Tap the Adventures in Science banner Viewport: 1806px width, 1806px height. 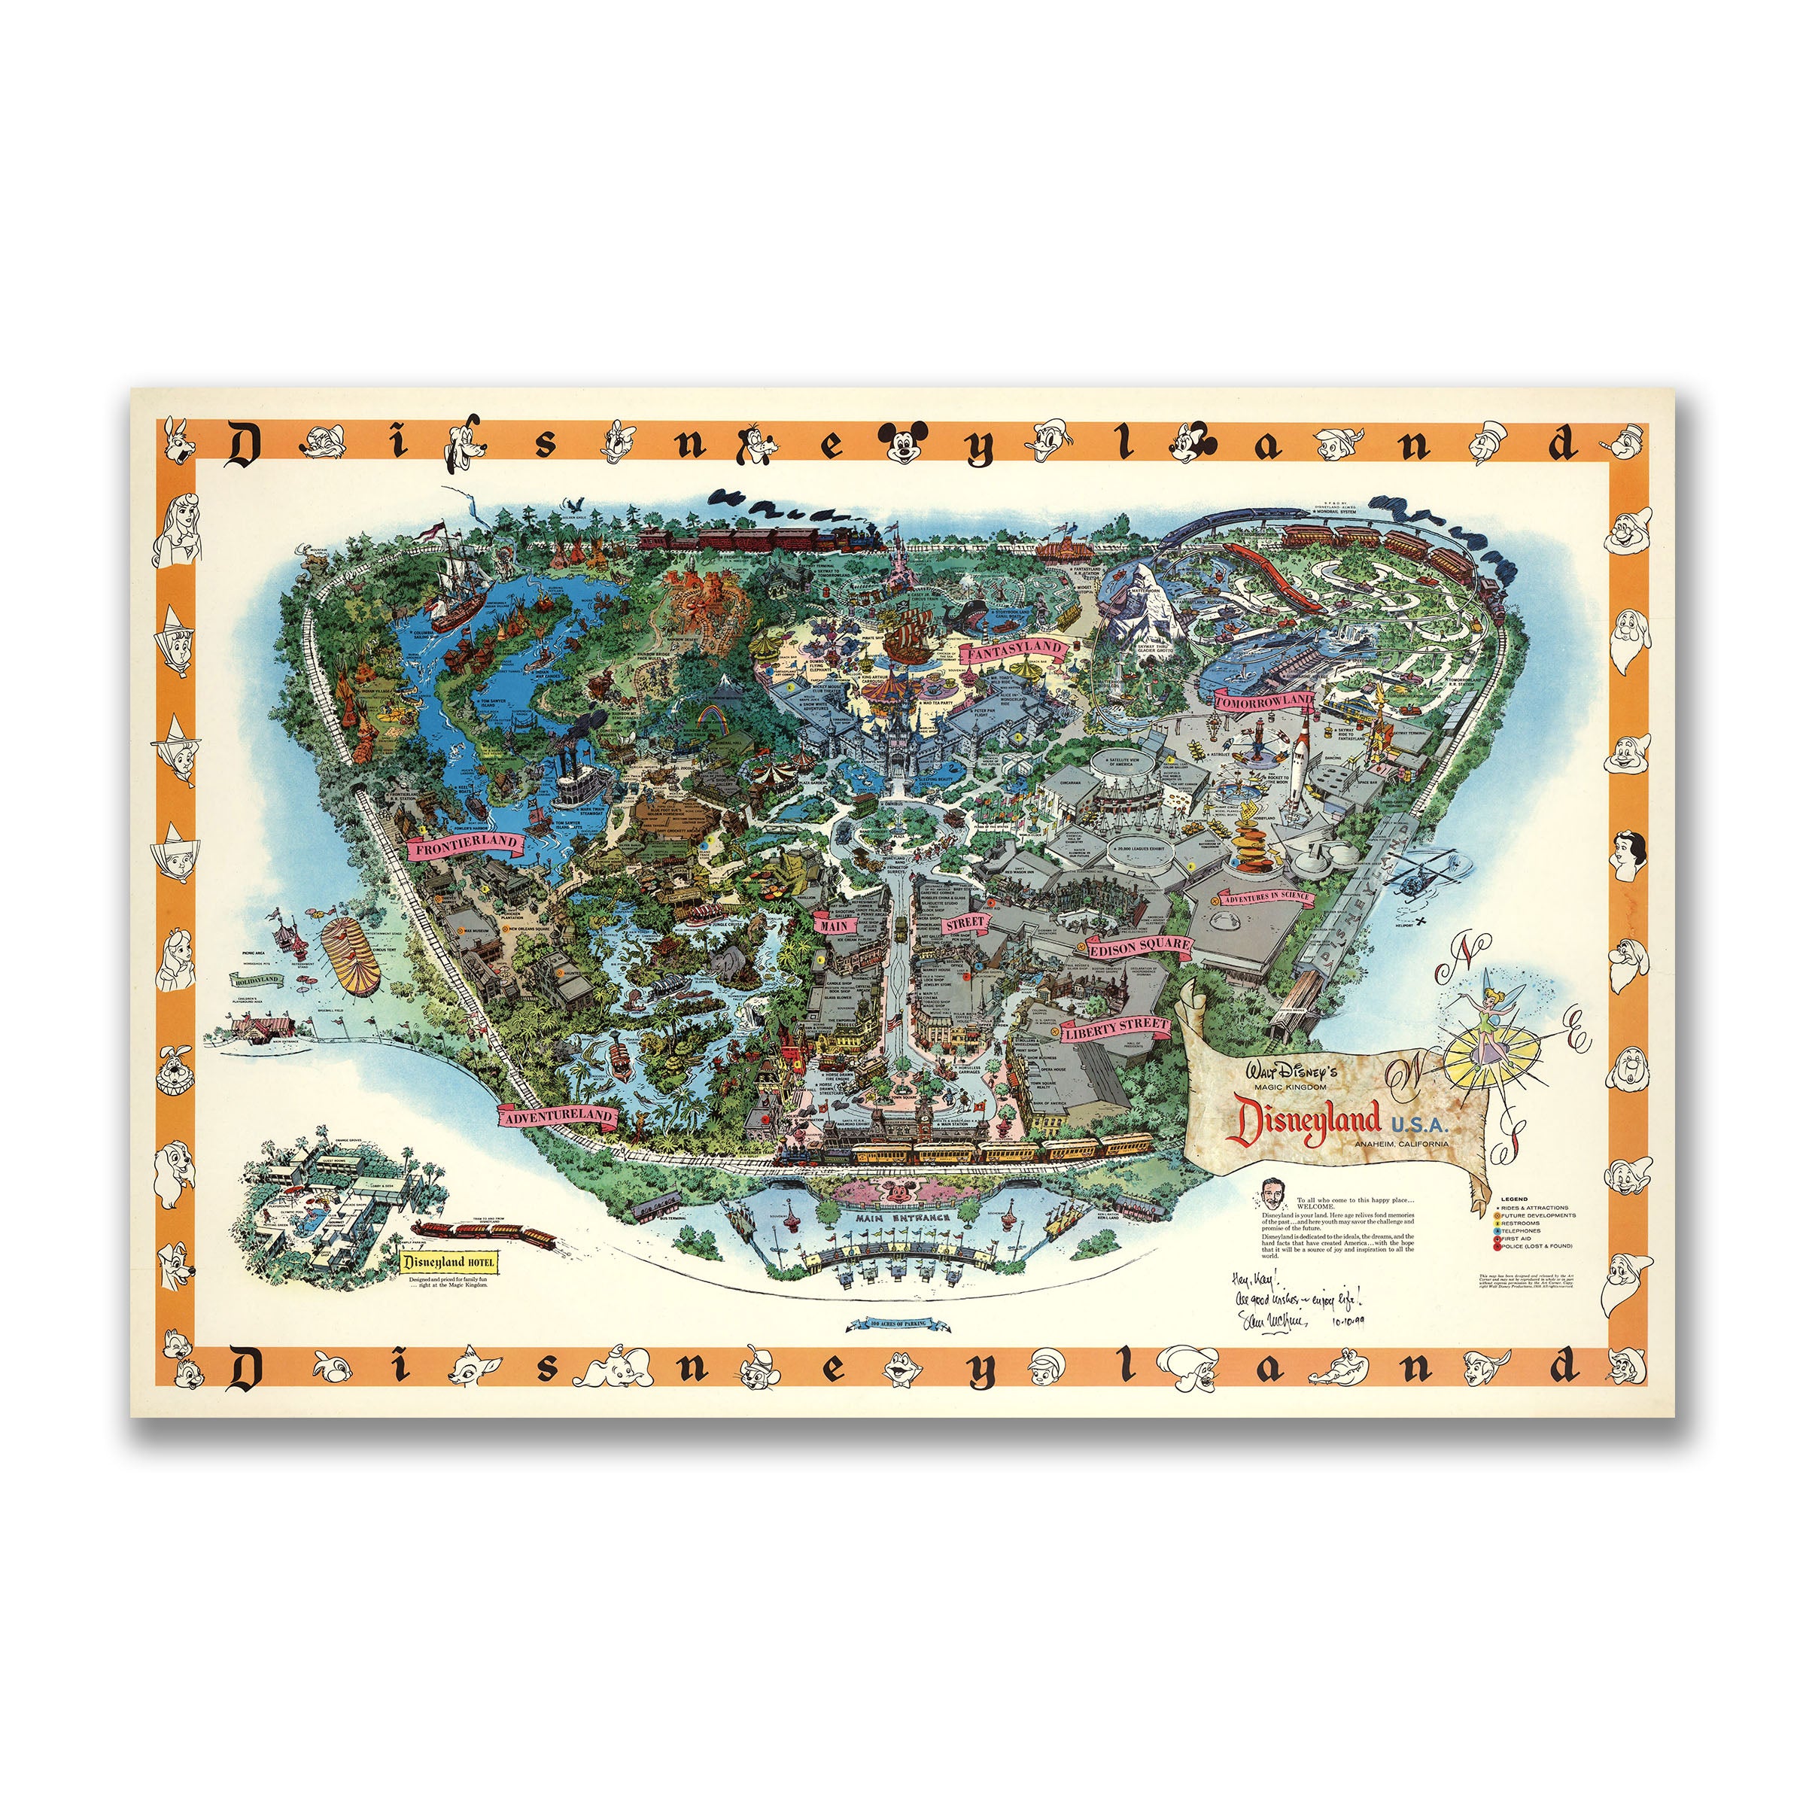click(x=1266, y=898)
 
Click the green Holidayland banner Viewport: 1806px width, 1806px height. click(x=258, y=981)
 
